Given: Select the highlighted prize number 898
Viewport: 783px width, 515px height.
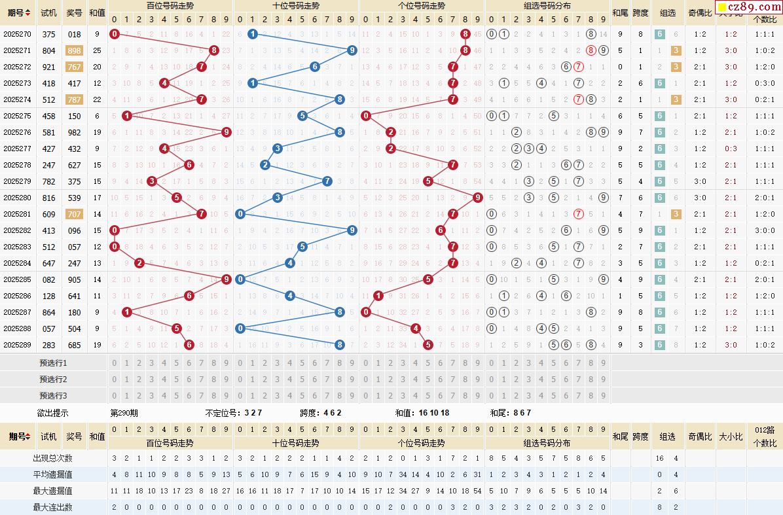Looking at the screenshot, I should (74, 50).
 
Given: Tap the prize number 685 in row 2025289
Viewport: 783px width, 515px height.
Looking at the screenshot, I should (74, 345).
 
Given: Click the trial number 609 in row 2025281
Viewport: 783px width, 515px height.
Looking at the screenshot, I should (48, 214).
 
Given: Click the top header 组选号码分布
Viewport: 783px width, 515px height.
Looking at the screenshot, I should (547, 5).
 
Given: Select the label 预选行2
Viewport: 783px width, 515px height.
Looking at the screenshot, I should (53, 380).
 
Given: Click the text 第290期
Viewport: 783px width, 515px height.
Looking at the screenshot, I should (124, 413).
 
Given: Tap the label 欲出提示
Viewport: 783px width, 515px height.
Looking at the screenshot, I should (53, 413).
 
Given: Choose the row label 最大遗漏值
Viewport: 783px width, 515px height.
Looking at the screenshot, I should (53, 491).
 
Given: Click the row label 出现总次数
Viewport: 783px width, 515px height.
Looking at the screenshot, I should (53, 458).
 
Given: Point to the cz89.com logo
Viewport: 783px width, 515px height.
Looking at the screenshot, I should (750, 8).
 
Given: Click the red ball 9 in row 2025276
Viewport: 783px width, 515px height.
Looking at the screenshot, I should (227, 132).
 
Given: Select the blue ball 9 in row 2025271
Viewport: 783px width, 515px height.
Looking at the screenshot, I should (352, 50).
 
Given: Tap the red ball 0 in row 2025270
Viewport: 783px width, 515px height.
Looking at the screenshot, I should (115, 34).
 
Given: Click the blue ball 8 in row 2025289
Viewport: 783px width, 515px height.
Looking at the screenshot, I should (340, 345).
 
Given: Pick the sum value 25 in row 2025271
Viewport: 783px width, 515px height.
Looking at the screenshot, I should (97, 50).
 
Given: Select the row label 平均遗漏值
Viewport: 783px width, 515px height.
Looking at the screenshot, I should (53, 474).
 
